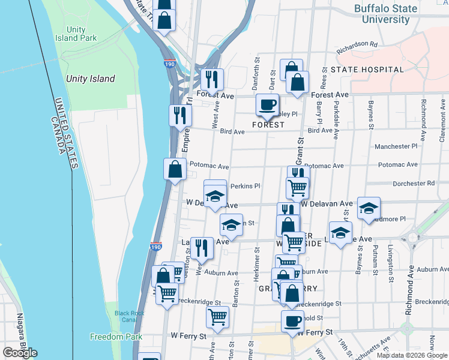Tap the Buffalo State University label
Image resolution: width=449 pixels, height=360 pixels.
coord(385,14)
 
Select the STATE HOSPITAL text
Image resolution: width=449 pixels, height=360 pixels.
coord(367,70)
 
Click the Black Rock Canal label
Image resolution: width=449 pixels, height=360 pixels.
coord(129,317)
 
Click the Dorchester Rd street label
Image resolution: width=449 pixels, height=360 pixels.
coord(414,183)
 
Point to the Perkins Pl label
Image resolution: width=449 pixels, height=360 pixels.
coord(245,186)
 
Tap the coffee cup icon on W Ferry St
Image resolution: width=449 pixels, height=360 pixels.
coord(292,320)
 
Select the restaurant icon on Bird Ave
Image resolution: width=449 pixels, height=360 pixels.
coord(179,115)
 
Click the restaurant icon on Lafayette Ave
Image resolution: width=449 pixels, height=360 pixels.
coord(202,247)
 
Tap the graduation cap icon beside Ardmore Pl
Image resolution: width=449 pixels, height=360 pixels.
coord(369,208)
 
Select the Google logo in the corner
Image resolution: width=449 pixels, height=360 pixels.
coord(20,353)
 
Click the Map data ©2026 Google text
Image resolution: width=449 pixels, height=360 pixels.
coord(411,355)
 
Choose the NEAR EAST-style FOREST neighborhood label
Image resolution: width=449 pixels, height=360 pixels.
coord(268,125)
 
